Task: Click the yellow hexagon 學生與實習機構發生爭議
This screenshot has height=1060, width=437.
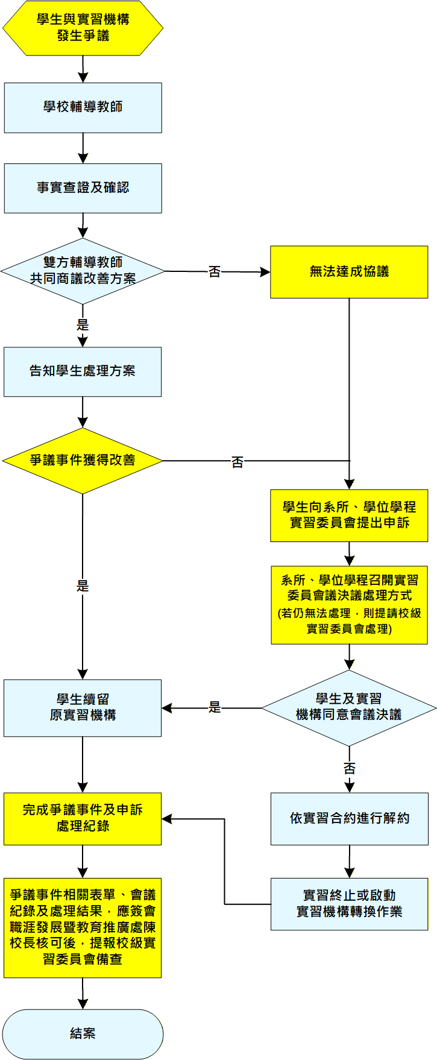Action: (x=83, y=28)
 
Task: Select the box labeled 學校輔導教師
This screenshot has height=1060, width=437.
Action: (x=83, y=107)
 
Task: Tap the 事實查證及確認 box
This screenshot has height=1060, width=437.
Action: (x=83, y=188)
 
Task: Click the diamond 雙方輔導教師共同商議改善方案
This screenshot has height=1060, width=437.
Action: (x=83, y=271)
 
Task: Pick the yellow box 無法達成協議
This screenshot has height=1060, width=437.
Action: (x=348, y=272)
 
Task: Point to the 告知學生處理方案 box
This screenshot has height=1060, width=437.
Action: (x=83, y=371)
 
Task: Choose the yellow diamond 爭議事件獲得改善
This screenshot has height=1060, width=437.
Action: (x=83, y=461)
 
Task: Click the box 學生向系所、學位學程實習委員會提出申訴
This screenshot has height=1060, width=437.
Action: (x=348, y=516)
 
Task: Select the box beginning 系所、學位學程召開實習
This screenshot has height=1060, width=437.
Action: (x=348, y=605)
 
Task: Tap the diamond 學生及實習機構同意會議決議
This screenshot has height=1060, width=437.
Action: (x=348, y=707)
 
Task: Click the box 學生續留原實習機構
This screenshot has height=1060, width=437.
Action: (x=83, y=708)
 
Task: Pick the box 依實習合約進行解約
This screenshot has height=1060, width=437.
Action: (x=349, y=818)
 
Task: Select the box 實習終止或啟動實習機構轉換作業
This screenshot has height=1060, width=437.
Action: (x=349, y=904)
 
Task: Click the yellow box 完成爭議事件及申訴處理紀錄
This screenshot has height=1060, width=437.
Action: (x=83, y=818)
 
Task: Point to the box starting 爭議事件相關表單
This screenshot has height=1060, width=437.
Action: (x=83, y=927)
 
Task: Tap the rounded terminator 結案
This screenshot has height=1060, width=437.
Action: (x=83, y=1033)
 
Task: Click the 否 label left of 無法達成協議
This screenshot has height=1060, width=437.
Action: (x=215, y=272)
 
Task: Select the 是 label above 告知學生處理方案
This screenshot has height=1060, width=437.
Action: (x=83, y=325)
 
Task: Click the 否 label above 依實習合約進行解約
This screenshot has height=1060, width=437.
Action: (x=350, y=768)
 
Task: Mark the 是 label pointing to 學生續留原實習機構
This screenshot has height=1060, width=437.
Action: (x=215, y=708)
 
